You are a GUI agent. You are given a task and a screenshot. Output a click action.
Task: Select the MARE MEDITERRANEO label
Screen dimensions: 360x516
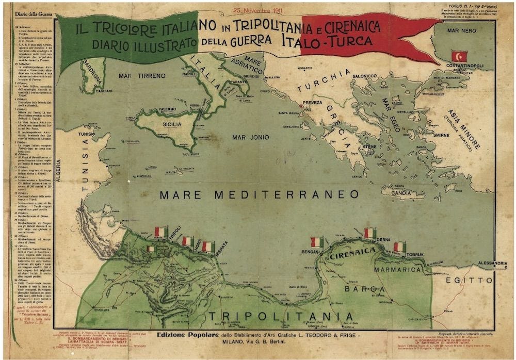259,194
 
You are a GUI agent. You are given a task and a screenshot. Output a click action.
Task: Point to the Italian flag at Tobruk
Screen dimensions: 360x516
399,247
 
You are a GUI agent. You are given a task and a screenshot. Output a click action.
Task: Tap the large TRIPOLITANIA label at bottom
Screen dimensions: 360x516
281,316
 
